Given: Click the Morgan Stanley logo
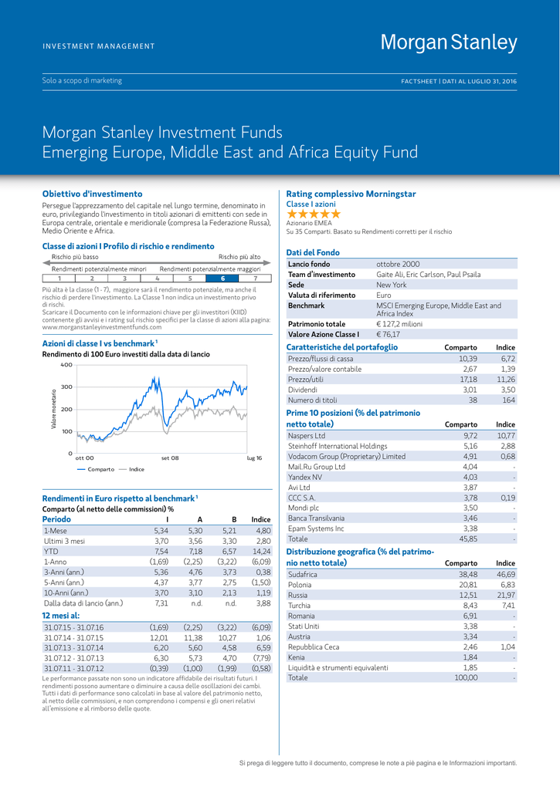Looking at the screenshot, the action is (x=449, y=42).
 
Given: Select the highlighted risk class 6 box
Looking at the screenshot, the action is (x=222, y=278).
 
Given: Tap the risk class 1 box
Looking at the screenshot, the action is (x=59, y=278).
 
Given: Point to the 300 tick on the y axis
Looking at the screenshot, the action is (x=66, y=387).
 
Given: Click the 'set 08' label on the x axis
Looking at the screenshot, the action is (x=170, y=458).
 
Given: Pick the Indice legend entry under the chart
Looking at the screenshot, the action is (x=131, y=469).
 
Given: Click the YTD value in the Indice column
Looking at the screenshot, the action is (x=262, y=551).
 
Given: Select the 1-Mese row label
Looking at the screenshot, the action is (x=55, y=531).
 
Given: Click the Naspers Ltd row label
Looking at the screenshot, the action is (x=306, y=436).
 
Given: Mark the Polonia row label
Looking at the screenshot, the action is (x=300, y=585).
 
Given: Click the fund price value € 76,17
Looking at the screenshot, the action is (x=388, y=334).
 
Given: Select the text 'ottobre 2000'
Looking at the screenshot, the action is (x=398, y=264).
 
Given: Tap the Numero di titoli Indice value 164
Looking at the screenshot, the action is (x=508, y=400).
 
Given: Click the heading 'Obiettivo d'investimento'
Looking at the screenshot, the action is (x=93, y=194).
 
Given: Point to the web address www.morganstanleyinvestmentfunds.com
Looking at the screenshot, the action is (x=102, y=327).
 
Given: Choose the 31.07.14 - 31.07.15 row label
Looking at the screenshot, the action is (x=73, y=638).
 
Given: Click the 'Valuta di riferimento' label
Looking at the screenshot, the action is (x=322, y=295).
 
